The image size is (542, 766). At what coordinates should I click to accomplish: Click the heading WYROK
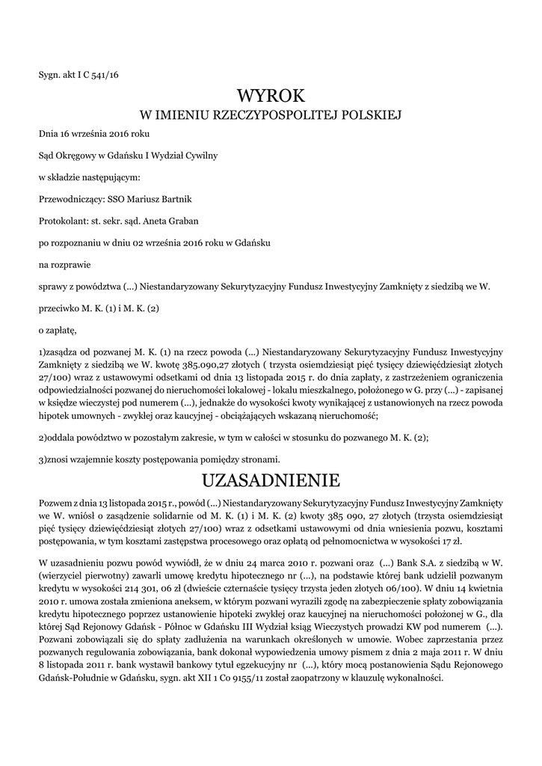(271, 95)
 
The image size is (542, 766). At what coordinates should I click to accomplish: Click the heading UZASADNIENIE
(271, 479)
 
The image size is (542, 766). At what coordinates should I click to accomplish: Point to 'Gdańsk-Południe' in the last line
(74, 678)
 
